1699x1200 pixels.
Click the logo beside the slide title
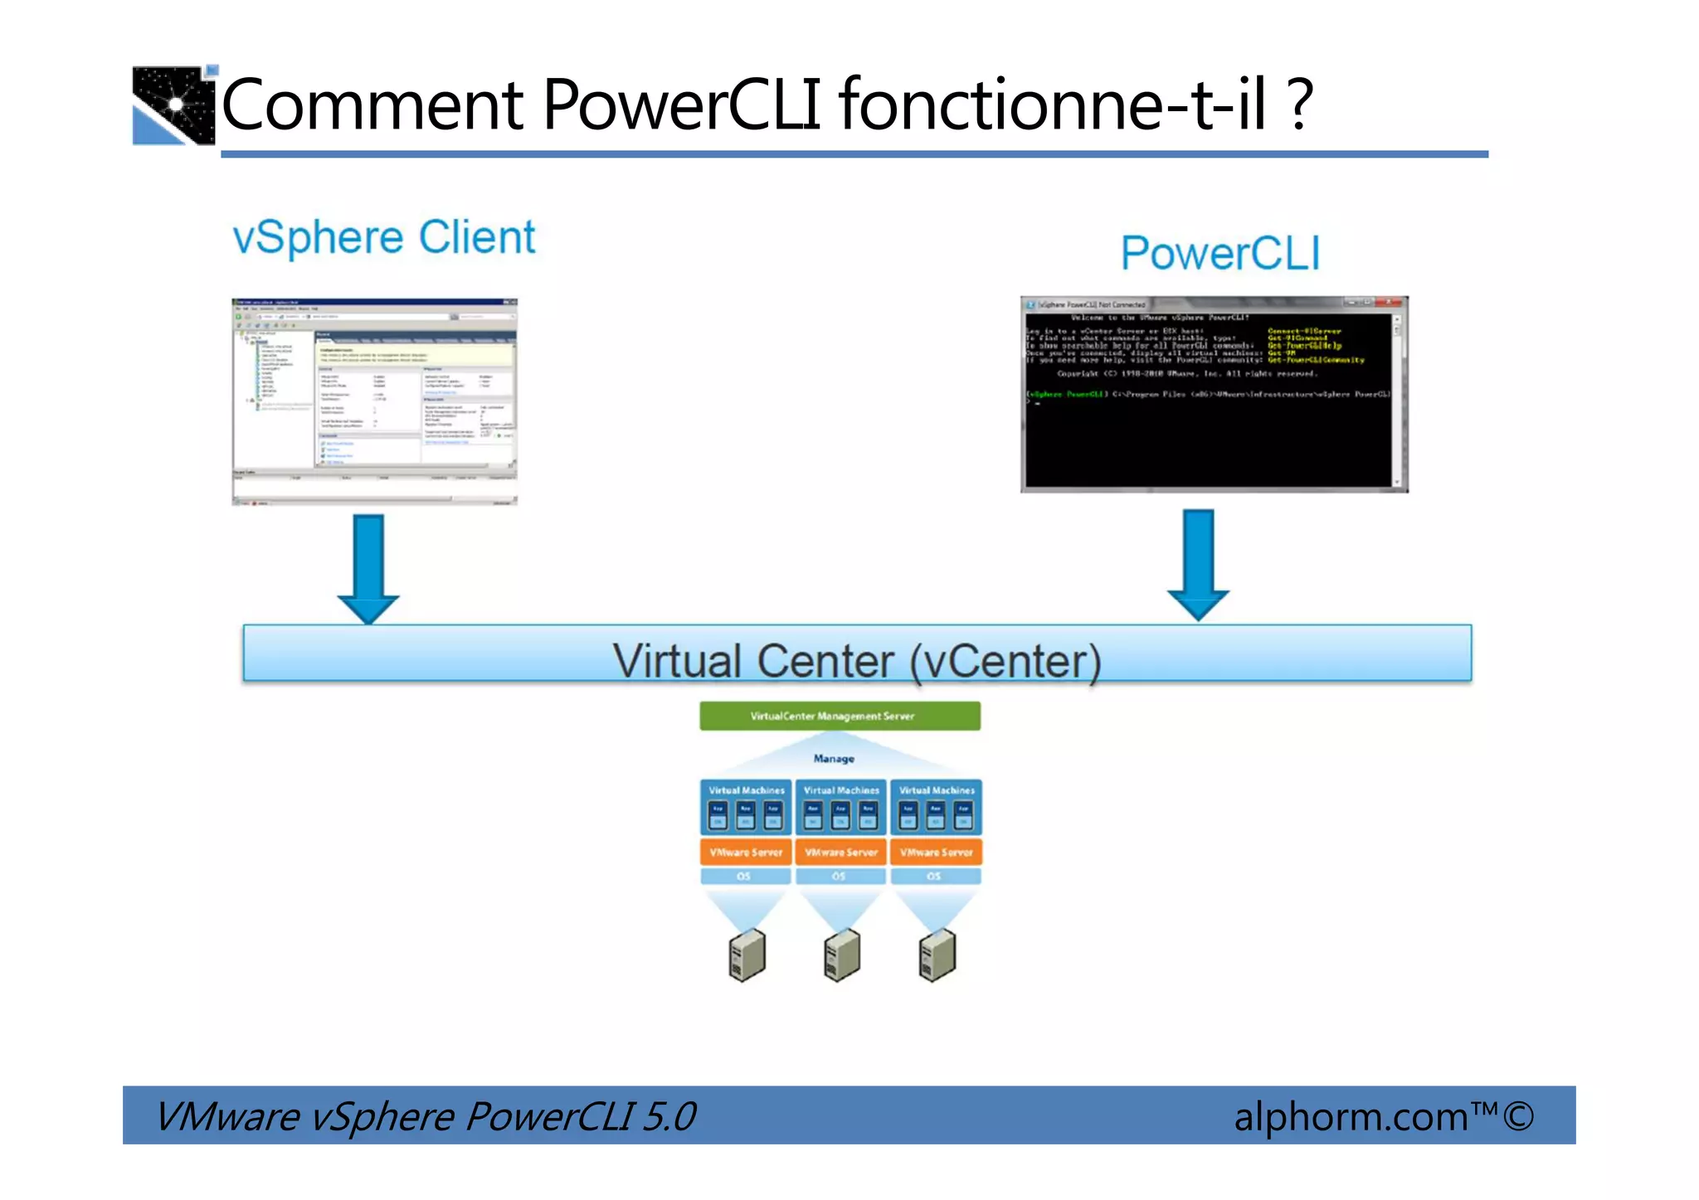coord(173,105)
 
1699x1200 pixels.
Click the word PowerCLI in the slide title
coord(680,105)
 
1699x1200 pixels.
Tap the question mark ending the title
coord(1301,105)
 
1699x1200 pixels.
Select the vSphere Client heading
coord(384,238)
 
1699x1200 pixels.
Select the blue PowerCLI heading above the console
coord(1219,253)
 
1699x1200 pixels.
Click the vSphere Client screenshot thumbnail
coord(374,401)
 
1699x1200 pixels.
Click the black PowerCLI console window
coord(1214,396)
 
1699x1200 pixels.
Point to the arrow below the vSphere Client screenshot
coord(368,568)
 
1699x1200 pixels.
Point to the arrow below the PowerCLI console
coord(1198,565)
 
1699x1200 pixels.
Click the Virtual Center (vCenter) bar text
coord(856,661)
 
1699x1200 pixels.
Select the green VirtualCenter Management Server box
coord(840,717)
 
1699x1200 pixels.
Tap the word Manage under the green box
coord(834,759)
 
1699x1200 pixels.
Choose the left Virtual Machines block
coord(746,807)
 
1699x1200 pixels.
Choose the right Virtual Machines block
coord(936,807)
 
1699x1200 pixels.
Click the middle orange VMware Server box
coord(840,853)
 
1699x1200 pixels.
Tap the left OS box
coord(744,877)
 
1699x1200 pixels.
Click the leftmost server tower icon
coord(747,955)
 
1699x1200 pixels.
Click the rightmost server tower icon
coord(937,955)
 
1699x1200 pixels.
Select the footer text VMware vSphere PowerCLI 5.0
coord(426,1116)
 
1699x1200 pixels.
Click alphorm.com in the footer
coord(1351,1116)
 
